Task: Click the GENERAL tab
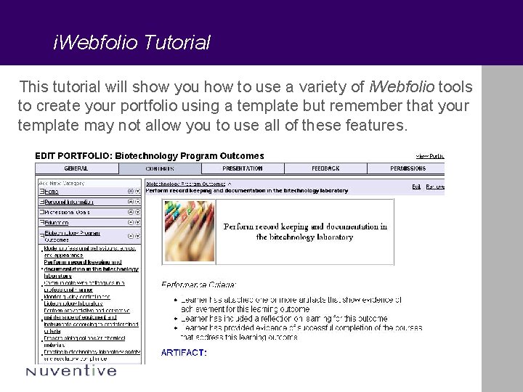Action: [x=76, y=168]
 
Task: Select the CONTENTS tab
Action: [x=159, y=168]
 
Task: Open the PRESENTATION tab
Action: [x=242, y=168]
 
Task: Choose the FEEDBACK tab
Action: [x=325, y=168]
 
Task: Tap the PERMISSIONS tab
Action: [x=408, y=168]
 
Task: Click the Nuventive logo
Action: [x=70, y=371]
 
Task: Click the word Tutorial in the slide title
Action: [x=177, y=43]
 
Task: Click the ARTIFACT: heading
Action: [x=184, y=352]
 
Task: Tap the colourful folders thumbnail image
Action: [x=188, y=231]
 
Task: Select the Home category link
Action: [x=50, y=192]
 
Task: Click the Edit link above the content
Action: [x=416, y=187]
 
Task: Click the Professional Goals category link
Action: [x=65, y=212]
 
